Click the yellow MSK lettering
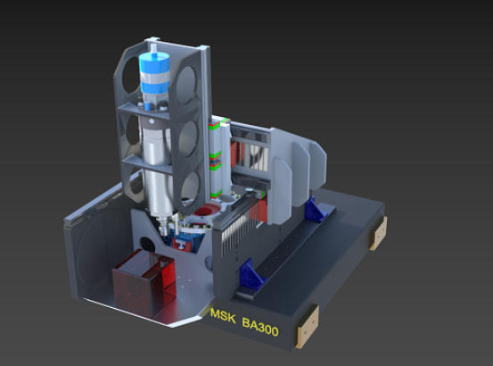[223, 316]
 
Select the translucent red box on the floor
[144, 282]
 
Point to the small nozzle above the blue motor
[153, 49]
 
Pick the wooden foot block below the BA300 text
[308, 327]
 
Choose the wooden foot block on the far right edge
[379, 233]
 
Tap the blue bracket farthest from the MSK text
[316, 208]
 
